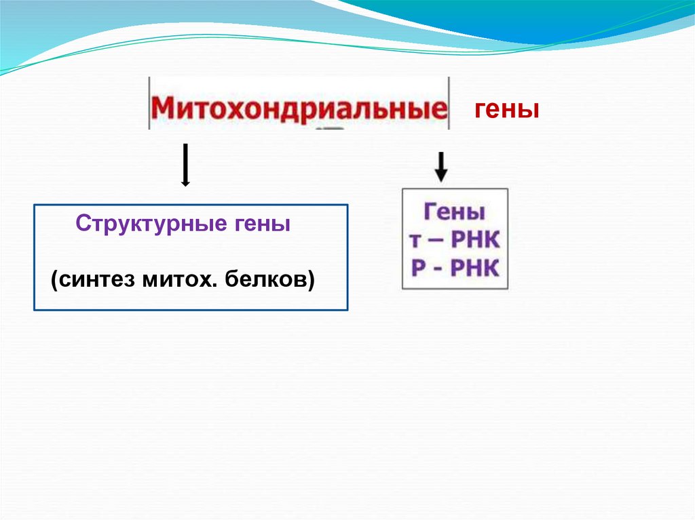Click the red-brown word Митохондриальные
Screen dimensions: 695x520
point(299,108)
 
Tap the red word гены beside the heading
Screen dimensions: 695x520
point(506,109)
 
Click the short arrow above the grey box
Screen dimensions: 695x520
point(441,167)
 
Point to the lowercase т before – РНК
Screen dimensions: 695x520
point(416,241)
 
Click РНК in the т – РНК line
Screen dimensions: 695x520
point(476,241)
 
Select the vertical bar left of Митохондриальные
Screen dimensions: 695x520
point(149,103)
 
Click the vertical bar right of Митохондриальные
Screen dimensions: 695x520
point(449,103)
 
